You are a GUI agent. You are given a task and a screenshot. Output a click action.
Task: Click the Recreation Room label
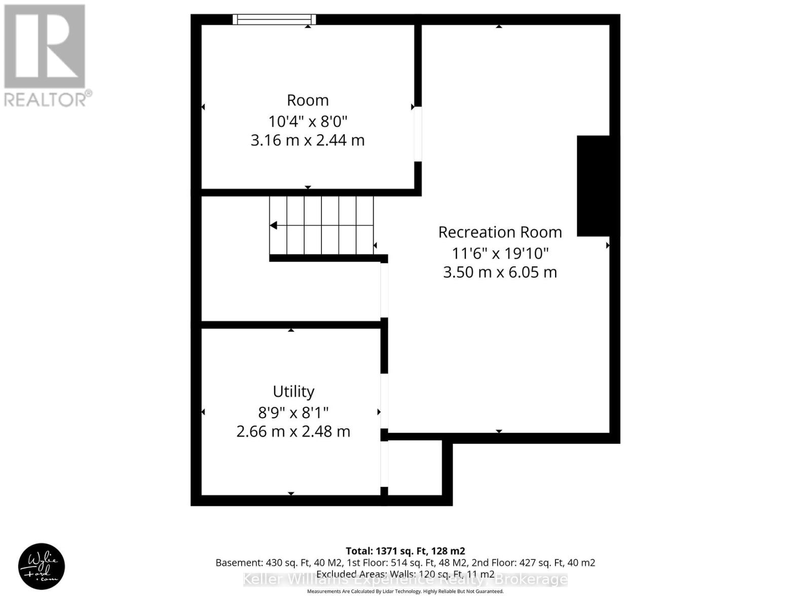[x=500, y=232]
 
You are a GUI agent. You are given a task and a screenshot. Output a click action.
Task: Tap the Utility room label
[x=293, y=391]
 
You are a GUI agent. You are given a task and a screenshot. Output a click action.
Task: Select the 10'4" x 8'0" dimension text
[x=308, y=122]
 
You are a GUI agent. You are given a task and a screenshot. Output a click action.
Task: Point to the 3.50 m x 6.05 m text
[x=500, y=272]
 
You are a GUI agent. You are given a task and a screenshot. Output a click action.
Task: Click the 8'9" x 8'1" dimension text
[x=293, y=412]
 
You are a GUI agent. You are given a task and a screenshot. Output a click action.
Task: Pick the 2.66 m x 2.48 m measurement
[x=293, y=432]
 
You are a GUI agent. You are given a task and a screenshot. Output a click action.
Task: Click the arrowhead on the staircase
[x=274, y=225]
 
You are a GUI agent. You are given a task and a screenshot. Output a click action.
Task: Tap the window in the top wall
[x=274, y=20]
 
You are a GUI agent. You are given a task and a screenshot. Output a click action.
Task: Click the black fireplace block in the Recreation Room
[x=593, y=185]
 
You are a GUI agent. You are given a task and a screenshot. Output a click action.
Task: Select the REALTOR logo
[x=45, y=56]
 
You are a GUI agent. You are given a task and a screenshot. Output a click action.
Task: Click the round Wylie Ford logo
[x=42, y=566]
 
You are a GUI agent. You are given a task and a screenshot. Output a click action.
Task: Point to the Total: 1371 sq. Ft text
[x=405, y=551]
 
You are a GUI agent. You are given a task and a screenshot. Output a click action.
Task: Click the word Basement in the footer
[x=238, y=563]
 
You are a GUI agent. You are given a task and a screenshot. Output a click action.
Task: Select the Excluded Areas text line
[x=405, y=575]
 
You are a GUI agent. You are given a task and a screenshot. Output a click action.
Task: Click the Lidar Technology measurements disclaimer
[x=405, y=591]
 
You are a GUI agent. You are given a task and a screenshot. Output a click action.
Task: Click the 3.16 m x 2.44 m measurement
[x=308, y=140]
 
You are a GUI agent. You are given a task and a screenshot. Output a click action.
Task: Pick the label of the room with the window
[x=308, y=100]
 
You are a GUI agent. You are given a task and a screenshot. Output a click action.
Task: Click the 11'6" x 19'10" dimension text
[x=500, y=253]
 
